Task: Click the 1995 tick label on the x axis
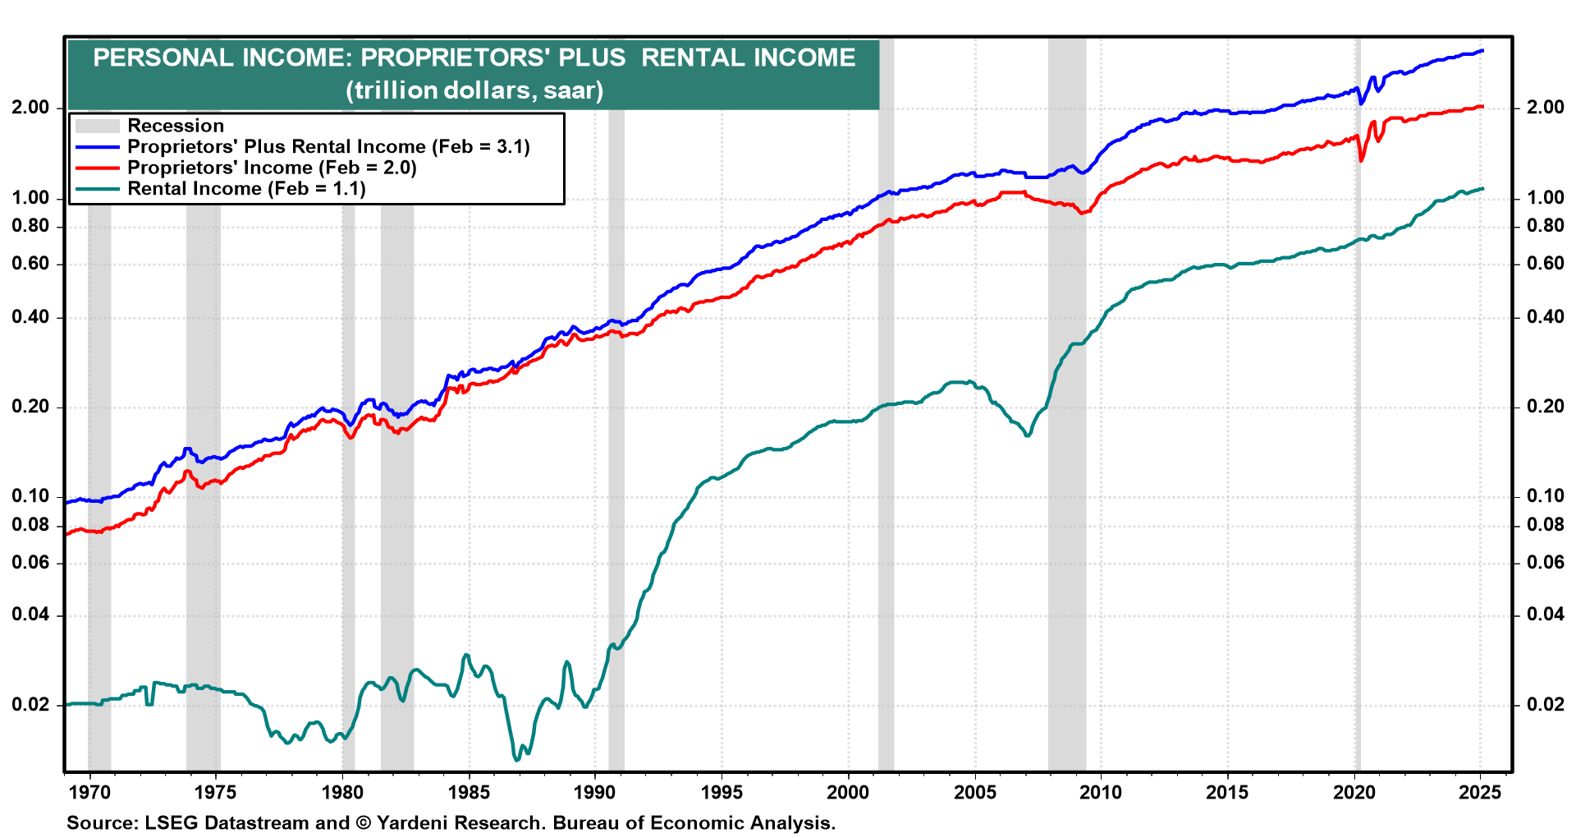click(722, 792)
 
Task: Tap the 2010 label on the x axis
click(1101, 792)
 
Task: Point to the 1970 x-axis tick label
click(89, 792)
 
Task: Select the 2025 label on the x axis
click(1480, 792)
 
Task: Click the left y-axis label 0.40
click(31, 317)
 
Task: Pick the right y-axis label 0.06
click(1546, 563)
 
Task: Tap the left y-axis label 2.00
click(31, 108)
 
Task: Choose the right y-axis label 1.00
click(1546, 198)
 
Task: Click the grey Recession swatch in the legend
click(97, 126)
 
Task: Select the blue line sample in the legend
click(97, 147)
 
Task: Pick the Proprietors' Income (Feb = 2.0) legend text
click(272, 168)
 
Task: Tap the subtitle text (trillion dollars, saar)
click(474, 90)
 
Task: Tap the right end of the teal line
click(1482, 189)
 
